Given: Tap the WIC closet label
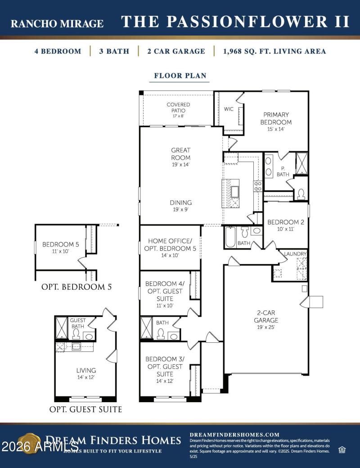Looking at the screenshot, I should (229, 109).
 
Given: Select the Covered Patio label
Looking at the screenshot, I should (178, 108).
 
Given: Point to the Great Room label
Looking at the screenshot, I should (180, 154).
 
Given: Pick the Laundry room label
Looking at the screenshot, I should (295, 254).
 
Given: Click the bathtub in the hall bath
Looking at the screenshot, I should (230, 237).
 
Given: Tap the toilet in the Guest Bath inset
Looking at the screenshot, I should (76, 334).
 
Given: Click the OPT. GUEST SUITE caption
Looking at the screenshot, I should (85, 409).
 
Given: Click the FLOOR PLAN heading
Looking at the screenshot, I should (180, 76).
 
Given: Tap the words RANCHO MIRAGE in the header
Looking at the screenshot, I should (57, 23).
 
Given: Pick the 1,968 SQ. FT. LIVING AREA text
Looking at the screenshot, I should (274, 51).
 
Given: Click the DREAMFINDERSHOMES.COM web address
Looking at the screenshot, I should (234, 435).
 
